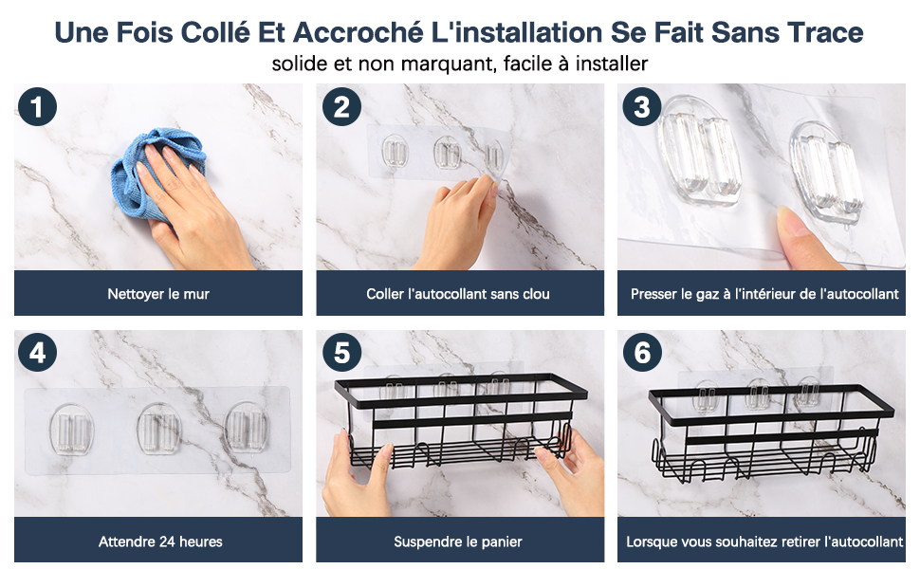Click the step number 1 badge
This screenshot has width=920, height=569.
[37, 107]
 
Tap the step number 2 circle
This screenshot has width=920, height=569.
[341, 107]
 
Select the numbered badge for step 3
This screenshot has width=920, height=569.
[642, 107]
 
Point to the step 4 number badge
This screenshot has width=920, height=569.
[37, 353]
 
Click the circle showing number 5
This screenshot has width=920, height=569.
[341, 353]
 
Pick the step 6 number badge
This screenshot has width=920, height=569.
[642, 353]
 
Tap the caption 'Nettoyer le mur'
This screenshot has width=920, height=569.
[158, 294]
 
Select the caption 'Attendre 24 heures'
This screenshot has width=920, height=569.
[160, 541]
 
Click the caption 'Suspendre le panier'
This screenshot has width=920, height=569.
[458, 541]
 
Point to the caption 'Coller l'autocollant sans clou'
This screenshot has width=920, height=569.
[458, 294]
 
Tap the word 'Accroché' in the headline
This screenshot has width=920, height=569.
[358, 32]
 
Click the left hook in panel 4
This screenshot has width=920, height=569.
[71, 428]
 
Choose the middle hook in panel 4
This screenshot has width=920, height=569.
[159, 428]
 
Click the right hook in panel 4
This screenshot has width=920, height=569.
[247, 428]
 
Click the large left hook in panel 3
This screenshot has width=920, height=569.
[699, 154]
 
